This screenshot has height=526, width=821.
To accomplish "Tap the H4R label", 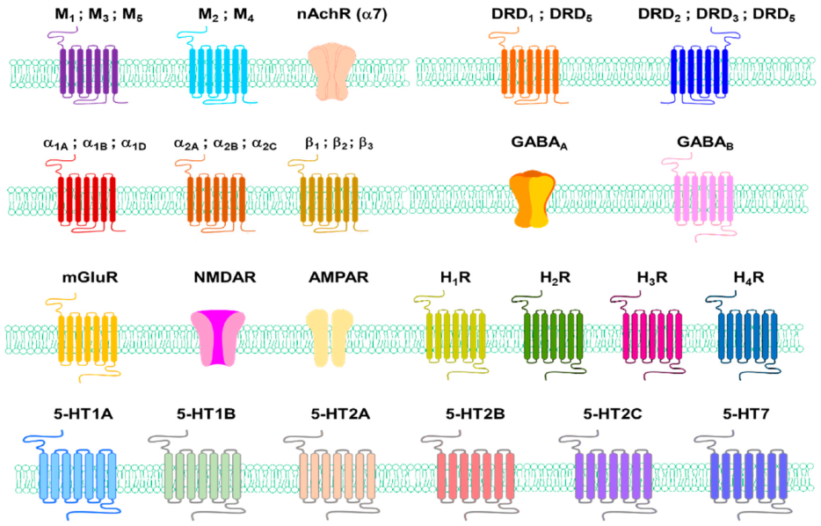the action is click(x=749, y=277).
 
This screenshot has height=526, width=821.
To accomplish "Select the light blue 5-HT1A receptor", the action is click(x=78, y=477).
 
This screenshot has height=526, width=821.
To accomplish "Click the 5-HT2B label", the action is click(x=475, y=413).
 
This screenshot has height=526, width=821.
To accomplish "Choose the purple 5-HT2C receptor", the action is click(x=614, y=477).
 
